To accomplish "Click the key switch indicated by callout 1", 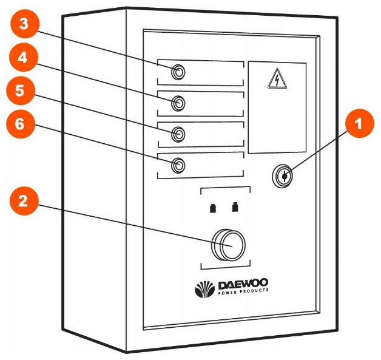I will tap(282, 177).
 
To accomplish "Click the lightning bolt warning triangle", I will tap(277, 79).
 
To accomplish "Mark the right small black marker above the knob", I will tap(235, 209).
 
